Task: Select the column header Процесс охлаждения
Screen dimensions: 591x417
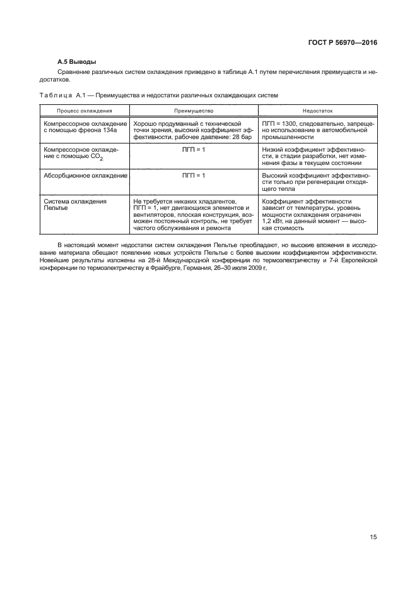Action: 85,110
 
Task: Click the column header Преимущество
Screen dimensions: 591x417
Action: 194,110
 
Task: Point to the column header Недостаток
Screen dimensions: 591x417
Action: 317,110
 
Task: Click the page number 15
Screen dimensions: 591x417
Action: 373,537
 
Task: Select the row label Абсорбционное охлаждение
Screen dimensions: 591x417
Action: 85,174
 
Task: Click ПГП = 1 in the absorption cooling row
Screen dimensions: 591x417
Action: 194,174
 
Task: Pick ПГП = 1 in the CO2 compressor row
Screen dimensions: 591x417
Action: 194,149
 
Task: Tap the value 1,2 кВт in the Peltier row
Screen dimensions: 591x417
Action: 275,221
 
